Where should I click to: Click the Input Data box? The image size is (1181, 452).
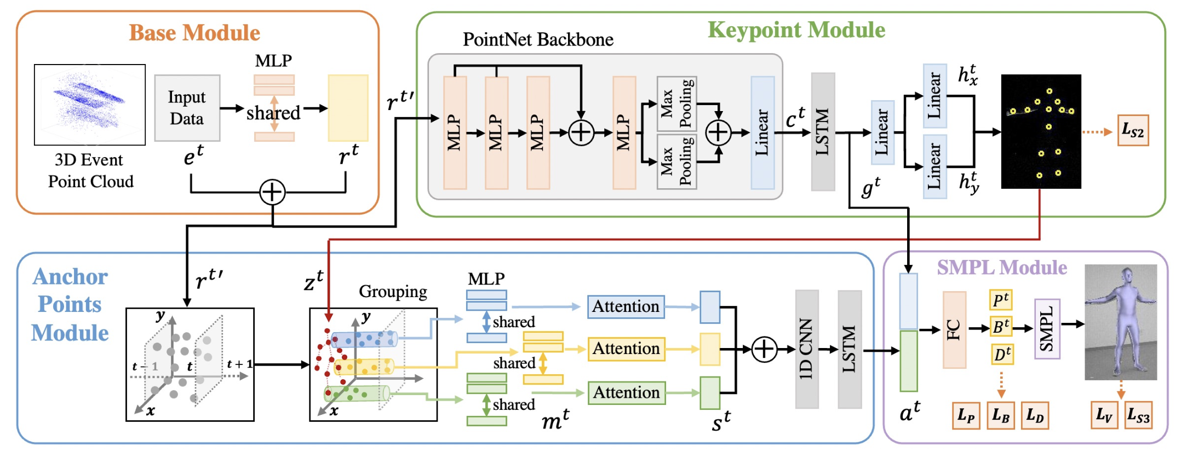187,108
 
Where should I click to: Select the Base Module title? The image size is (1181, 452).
194,33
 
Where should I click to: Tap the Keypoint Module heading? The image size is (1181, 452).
796,30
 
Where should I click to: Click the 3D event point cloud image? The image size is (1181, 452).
90,105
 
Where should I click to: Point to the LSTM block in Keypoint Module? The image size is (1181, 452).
823,132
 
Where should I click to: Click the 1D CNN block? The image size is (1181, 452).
806,349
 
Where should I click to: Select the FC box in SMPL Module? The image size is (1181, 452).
954,329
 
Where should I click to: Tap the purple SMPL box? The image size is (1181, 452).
1047,328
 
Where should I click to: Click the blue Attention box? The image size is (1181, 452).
626,306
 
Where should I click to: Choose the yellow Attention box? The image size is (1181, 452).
626,349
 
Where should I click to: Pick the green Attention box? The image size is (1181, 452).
626,392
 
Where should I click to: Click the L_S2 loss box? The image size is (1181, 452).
1133,131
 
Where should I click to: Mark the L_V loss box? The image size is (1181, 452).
1104,415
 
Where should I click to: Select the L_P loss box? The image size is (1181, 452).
966,415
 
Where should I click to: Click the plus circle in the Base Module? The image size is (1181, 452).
272,193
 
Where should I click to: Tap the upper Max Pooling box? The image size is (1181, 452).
677,104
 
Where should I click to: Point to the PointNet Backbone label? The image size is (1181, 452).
538,39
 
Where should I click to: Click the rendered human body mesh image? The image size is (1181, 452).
1120,322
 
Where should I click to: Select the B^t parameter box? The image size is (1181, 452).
1001,327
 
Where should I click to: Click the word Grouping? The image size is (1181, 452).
393,292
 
